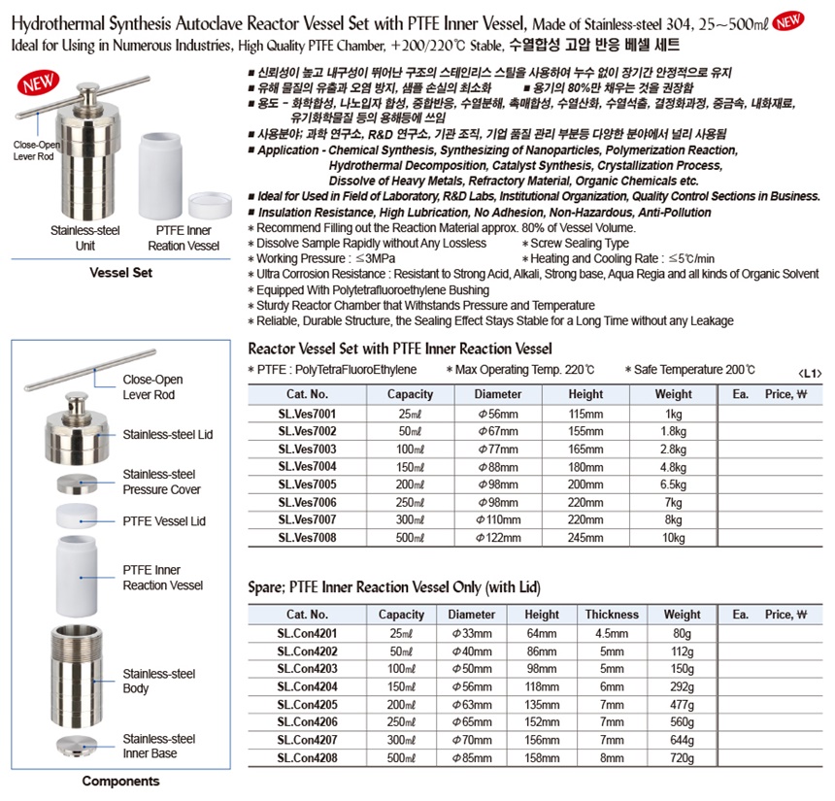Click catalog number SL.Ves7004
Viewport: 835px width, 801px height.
[x=308, y=465]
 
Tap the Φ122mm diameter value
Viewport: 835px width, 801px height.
[x=498, y=538]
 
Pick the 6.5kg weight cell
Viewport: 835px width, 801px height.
[x=673, y=484]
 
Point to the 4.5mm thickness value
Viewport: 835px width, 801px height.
[x=612, y=632]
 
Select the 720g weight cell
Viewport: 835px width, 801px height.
[x=682, y=756]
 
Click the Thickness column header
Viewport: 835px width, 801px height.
[x=612, y=614]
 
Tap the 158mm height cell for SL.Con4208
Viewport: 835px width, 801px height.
[x=541, y=756]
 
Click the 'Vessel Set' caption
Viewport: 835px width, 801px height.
[x=120, y=273]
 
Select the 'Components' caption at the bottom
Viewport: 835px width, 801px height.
[x=120, y=781]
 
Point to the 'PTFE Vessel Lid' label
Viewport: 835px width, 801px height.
[x=164, y=521]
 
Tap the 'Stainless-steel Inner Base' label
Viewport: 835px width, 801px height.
[x=158, y=747]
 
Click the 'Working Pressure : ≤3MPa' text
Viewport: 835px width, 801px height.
[x=316, y=259]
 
